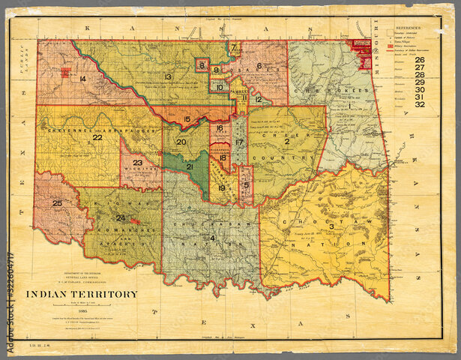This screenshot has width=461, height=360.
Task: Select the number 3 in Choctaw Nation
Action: (331, 226)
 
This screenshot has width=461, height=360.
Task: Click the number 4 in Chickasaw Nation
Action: (212, 238)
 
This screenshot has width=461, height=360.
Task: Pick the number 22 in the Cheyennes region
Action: (97, 137)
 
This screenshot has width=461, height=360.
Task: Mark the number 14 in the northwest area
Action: (82, 79)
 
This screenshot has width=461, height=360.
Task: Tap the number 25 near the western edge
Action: (57, 203)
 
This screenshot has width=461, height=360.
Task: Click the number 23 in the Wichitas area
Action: (137, 163)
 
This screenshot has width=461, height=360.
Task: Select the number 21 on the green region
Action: (190, 166)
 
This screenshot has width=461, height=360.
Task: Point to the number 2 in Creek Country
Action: (286, 141)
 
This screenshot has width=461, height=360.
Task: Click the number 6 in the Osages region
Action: (259, 66)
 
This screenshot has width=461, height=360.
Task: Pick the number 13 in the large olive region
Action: (169, 76)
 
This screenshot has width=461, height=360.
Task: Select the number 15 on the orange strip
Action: (187, 119)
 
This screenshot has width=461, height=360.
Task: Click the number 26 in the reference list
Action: (419, 59)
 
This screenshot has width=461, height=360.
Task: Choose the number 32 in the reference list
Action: (419, 104)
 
